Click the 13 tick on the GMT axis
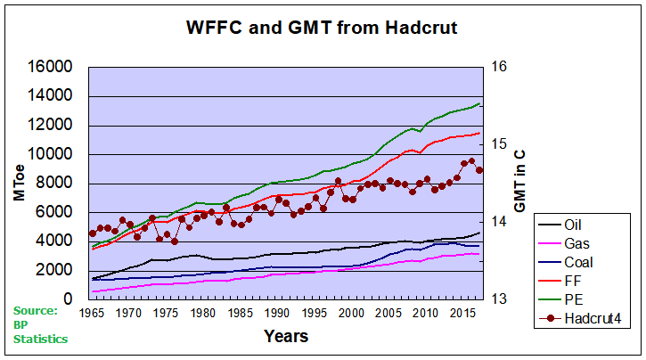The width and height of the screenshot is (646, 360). click(x=498, y=299)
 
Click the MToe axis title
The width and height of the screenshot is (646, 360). click(x=19, y=184)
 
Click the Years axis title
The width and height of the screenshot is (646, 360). click(x=285, y=336)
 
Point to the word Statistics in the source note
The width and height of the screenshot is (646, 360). click(x=41, y=339)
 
